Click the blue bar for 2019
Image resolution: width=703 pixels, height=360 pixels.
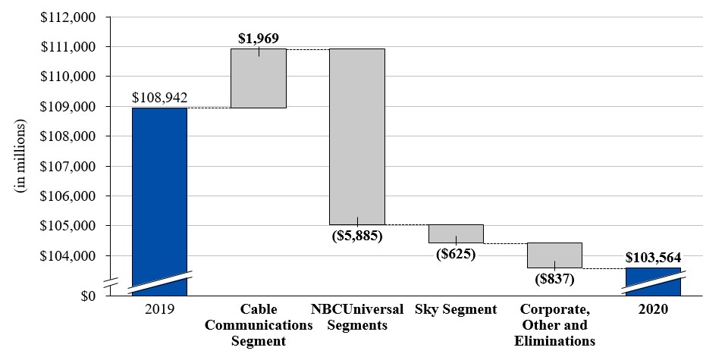159,197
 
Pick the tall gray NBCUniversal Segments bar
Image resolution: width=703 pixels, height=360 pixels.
356,136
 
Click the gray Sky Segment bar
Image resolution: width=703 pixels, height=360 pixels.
456,233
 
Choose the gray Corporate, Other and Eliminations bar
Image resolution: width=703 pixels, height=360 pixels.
554,255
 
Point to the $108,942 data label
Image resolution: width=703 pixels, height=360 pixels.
159,98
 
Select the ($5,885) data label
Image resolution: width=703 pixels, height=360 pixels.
356,236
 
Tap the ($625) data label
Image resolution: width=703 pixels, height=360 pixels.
456,254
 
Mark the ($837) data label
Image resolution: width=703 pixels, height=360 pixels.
554,279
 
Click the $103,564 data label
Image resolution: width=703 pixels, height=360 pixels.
653,257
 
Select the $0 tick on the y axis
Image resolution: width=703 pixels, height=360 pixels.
89,295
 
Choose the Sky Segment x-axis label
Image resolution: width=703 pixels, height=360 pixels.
456,309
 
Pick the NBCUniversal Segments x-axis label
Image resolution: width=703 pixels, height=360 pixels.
356,318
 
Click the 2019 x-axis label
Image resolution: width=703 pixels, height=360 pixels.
159,309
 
